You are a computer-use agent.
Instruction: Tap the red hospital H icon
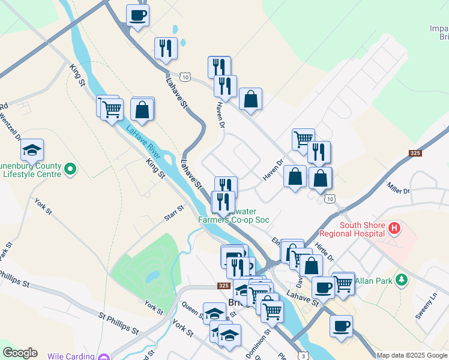394,228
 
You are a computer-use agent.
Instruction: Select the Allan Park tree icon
401,280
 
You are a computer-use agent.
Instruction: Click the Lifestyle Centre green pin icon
71,170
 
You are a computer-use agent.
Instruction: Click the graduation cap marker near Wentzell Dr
32,149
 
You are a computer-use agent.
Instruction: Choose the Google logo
20,353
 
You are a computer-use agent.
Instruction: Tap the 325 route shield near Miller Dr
414,154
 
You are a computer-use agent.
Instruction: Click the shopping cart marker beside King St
111,109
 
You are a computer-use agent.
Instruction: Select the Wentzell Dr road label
11,125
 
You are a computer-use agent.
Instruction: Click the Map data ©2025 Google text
412,355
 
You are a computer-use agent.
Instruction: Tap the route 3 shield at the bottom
305,356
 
